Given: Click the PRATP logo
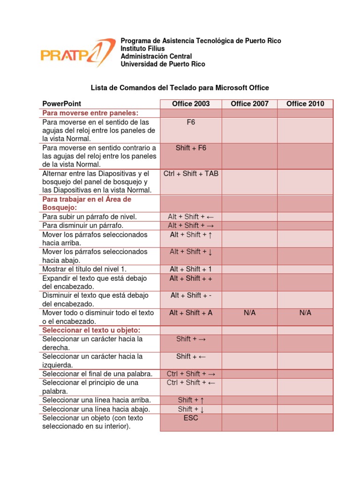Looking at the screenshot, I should [77, 52].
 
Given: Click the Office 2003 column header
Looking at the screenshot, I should [191, 104].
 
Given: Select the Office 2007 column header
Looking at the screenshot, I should [249, 104].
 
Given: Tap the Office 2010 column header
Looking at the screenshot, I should [305, 104].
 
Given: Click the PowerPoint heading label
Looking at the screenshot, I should [61, 104].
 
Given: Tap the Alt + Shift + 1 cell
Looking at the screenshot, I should [191, 269].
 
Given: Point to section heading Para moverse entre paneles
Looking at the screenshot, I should [90, 113].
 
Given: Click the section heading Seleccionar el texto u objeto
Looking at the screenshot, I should [91, 330].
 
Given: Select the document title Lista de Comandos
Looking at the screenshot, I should [180, 88].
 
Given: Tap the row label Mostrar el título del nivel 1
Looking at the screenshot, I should [84, 269].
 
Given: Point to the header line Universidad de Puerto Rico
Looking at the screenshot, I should [163, 64].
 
